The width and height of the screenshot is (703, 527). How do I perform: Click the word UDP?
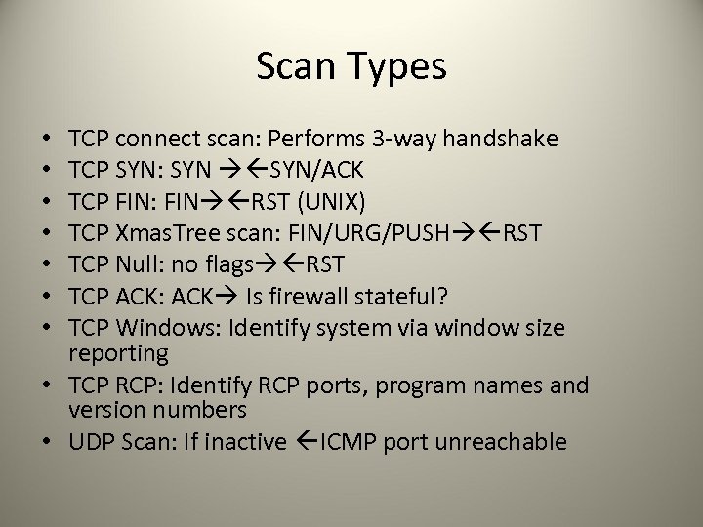[x=92, y=442]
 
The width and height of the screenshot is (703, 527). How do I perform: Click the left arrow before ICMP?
[x=294, y=442]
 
